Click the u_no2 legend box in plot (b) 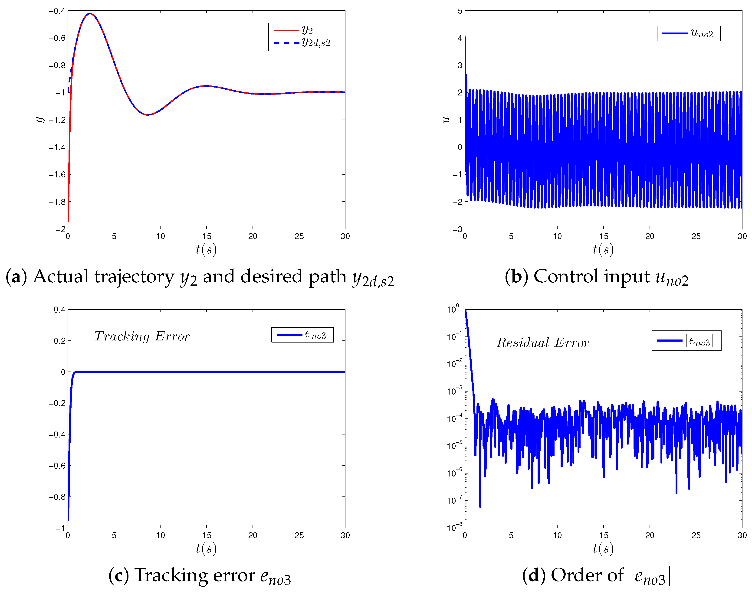pyautogui.click(x=688, y=33)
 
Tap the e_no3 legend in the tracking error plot pyautogui.click(x=302, y=335)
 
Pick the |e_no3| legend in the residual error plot pyautogui.click(x=686, y=340)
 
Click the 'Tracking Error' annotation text pyautogui.click(x=142, y=336)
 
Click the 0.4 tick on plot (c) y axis pyautogui.click(x=59, y=310)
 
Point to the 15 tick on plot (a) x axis pyautogui.click(x=207, y=236)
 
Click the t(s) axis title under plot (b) pyautogui.click(x=603, y=249)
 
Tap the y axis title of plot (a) pyautogui.click(x=40, y=120)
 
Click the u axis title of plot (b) pyautogui.click(x=446, y=120)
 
